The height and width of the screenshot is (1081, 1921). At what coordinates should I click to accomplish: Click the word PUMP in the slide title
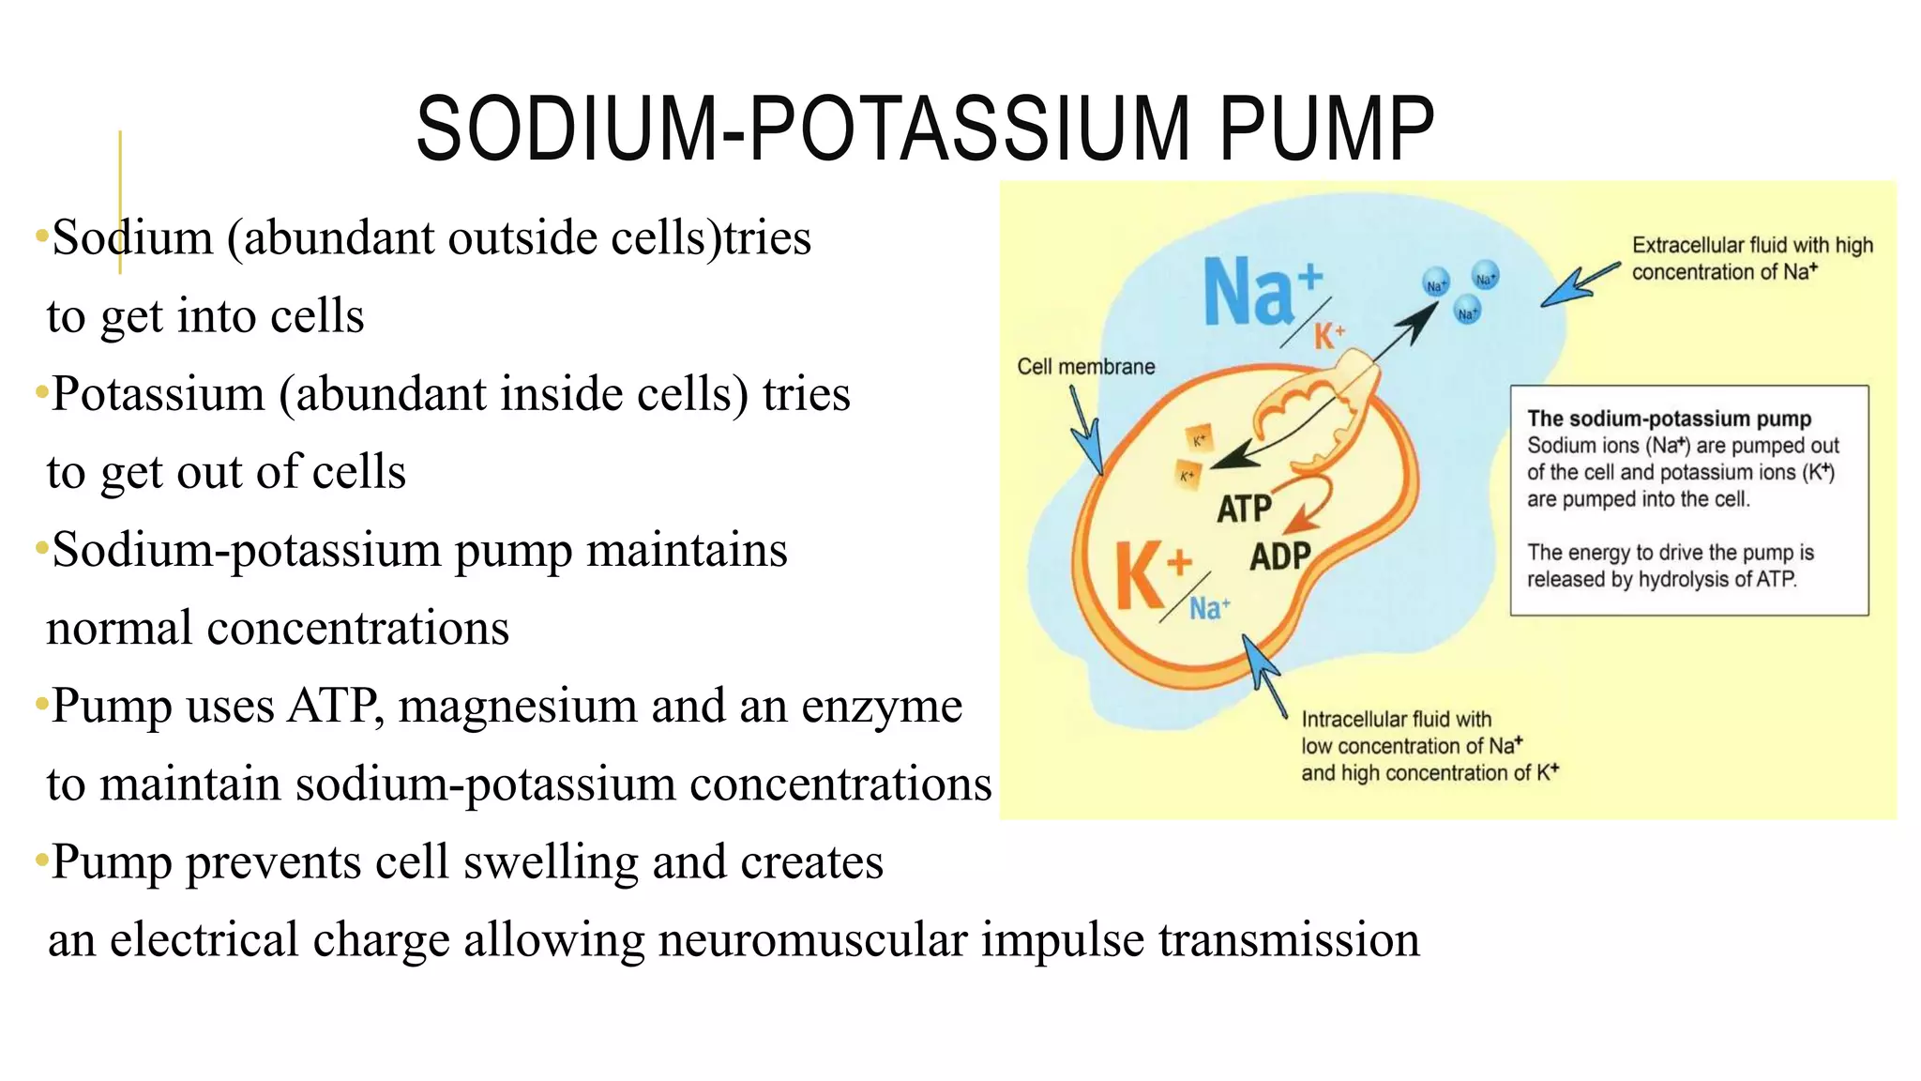click(1326, 129)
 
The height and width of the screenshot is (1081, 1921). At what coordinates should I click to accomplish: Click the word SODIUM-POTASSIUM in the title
click(802, 129)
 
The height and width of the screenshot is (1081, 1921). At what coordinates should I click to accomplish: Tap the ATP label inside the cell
click(1244, 510)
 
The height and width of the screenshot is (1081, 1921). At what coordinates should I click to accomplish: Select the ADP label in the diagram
click(1279, 556)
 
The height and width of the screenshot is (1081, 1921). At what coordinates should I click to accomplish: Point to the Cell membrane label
click(1085, 367)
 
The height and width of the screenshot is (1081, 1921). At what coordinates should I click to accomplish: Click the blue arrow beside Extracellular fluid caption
click(1578, 285)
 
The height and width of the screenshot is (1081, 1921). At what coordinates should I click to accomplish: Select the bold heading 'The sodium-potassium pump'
click(1669, 419)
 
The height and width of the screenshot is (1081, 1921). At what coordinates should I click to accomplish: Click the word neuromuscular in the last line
click(811, 940)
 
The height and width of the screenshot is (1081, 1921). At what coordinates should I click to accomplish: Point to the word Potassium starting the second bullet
click(159, 394)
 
